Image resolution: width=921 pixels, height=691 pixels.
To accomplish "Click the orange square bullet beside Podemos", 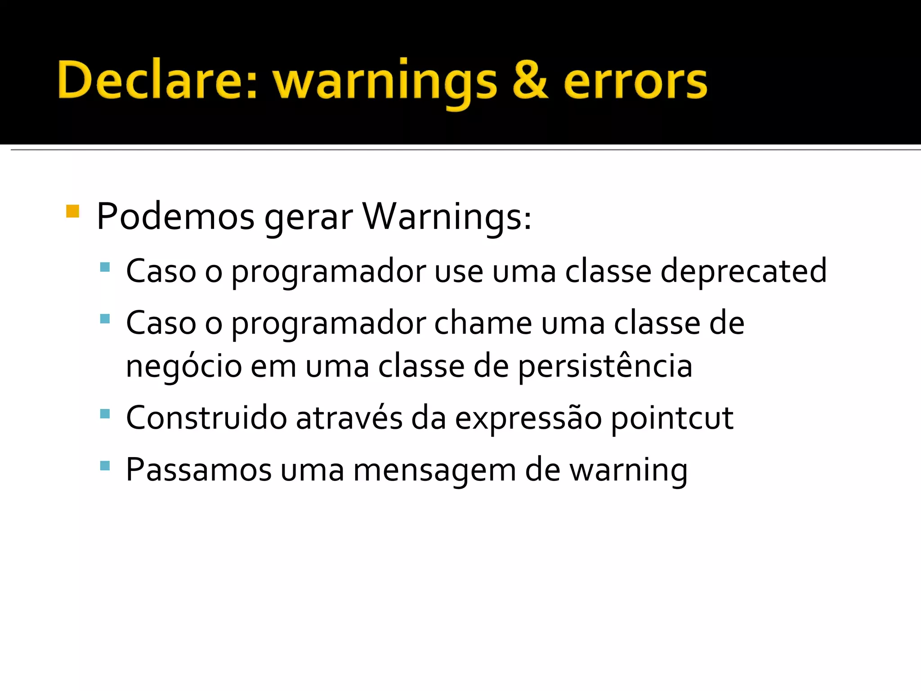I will pos(72,211).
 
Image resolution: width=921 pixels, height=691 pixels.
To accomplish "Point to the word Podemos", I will pos(175,217).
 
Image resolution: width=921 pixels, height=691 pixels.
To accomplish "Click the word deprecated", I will pos(743,271).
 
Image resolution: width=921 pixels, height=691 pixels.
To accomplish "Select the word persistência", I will pos(605,366).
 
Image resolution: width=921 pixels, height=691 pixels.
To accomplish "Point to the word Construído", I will pos(206,418).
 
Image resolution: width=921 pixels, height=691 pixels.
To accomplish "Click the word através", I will pos(349,418).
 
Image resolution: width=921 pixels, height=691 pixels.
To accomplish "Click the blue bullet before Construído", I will pos(105,413).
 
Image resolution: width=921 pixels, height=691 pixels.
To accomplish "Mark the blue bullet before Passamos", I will pos(105,466).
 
